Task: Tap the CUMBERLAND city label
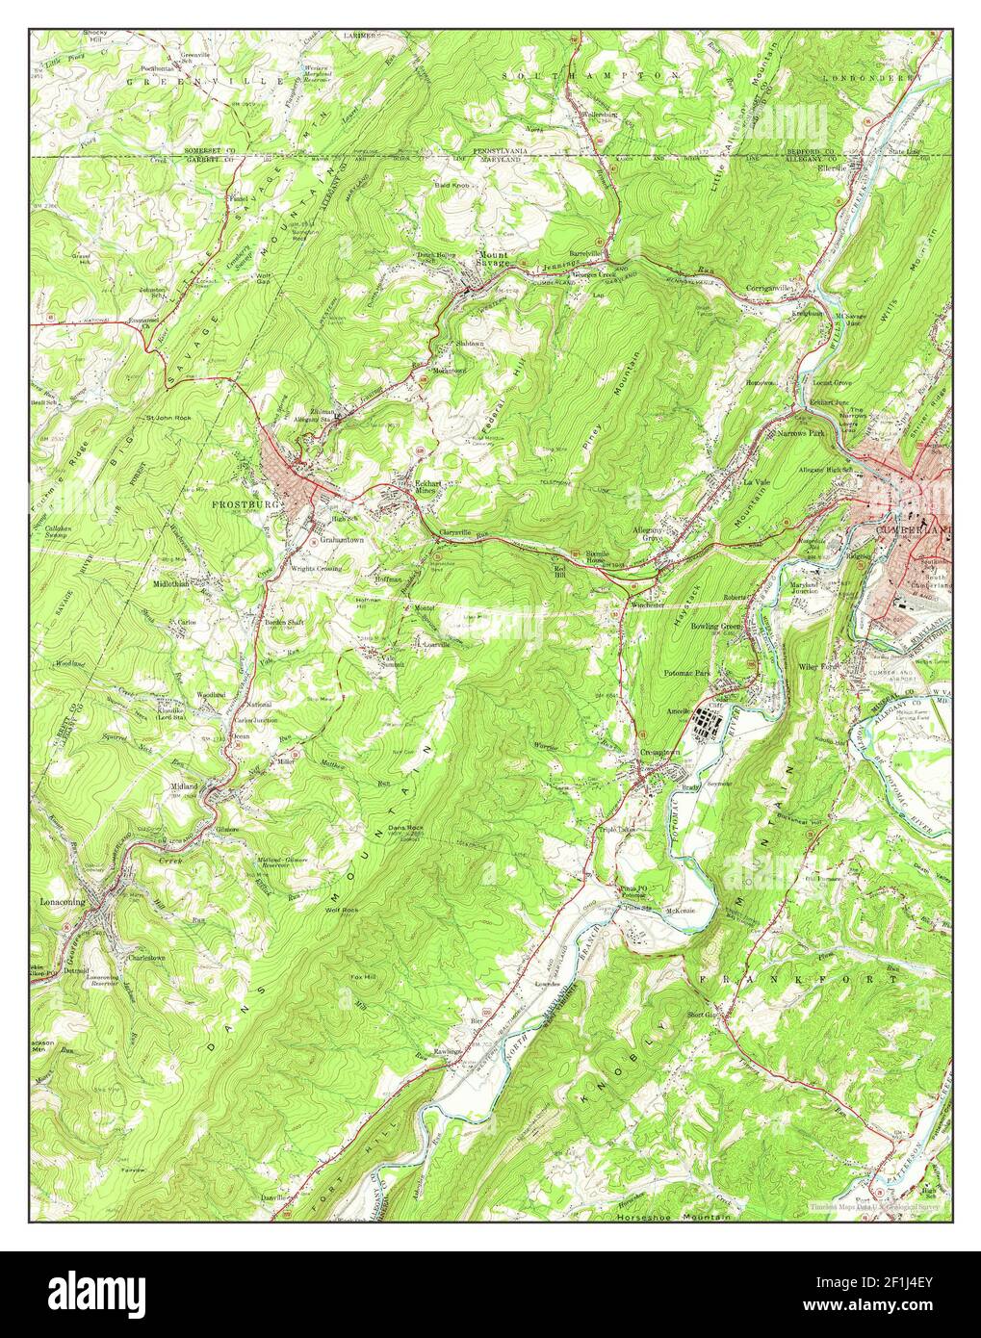point(913,530)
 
